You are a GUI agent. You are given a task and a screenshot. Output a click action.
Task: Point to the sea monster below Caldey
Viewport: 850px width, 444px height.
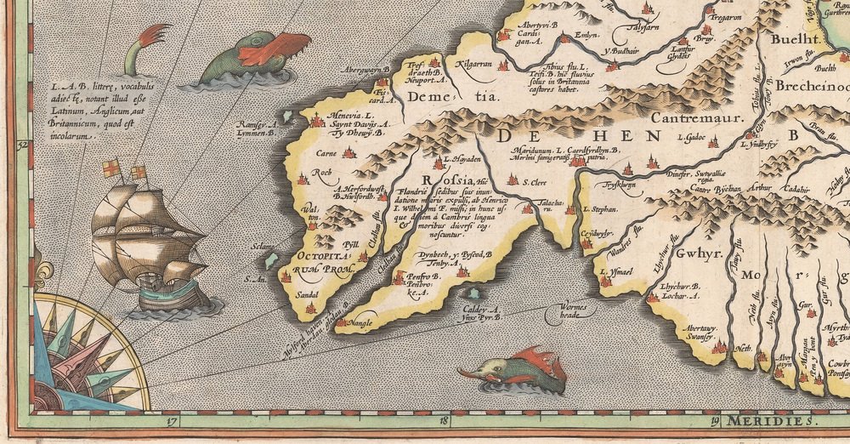pyautogui.click(x=510, y=370)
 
